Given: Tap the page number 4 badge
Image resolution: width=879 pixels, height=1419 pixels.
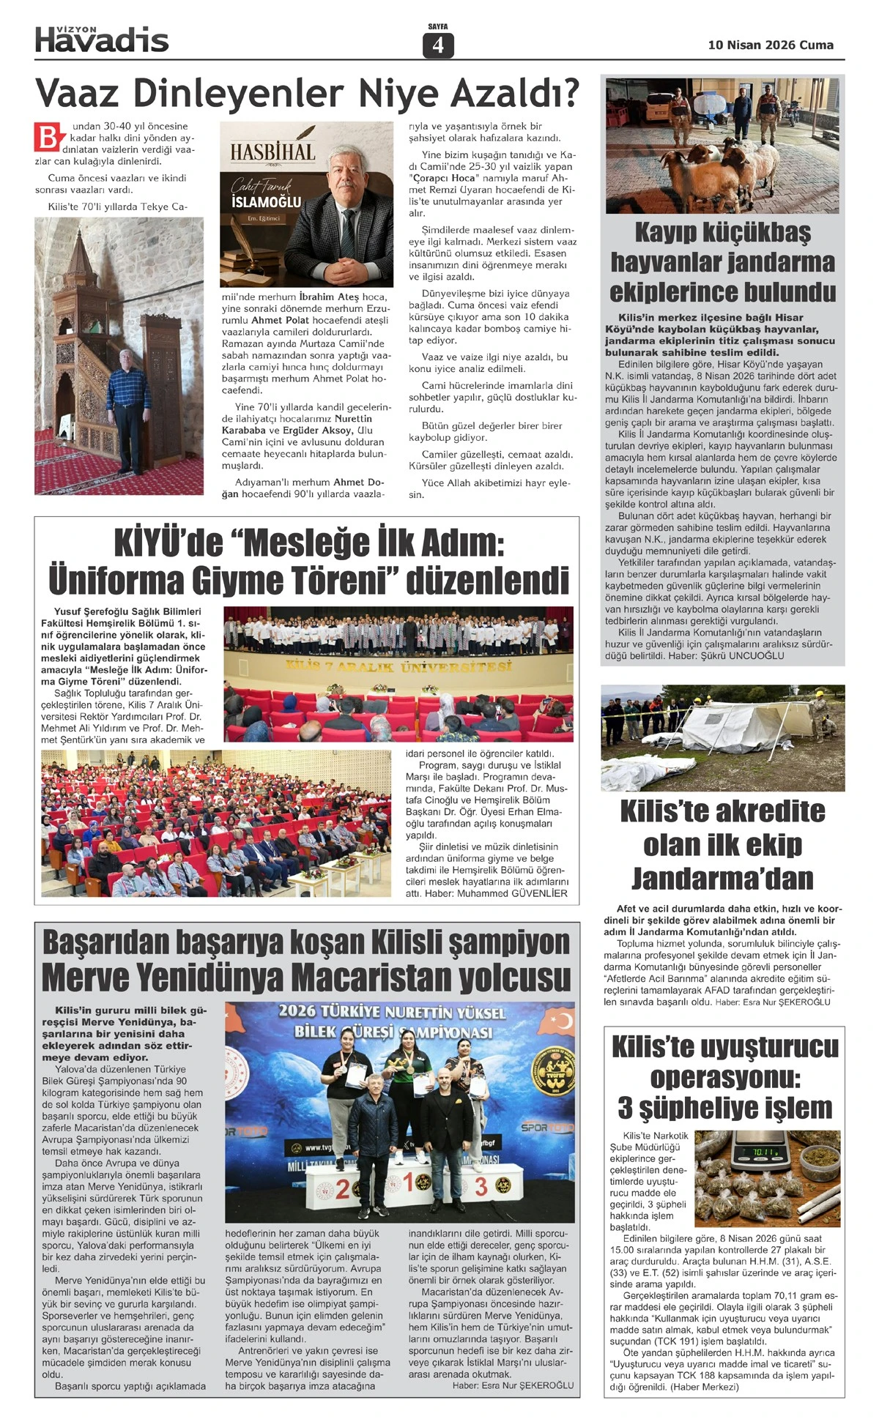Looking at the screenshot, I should tap(438, 46).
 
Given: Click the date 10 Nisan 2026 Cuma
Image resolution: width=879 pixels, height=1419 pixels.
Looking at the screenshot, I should tap(770, 45).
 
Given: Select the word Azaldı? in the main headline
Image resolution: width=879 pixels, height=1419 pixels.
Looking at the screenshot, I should tap(513, 94).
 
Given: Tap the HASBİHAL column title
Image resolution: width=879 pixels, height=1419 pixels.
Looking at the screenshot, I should tap(272, 152).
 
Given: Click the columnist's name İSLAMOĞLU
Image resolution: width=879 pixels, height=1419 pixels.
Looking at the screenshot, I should tap(266, 202).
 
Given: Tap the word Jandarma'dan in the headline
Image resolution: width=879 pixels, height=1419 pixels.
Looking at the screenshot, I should tap(722, 878).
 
